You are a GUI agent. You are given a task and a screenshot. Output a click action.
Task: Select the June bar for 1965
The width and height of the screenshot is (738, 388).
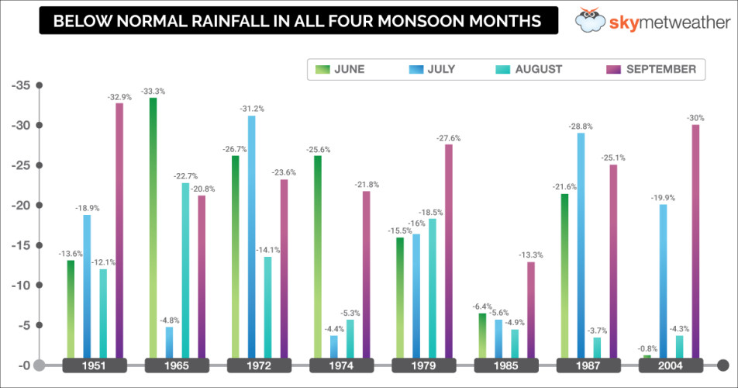point(153,228)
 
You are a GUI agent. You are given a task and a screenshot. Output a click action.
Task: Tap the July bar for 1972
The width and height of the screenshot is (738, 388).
point(251,237)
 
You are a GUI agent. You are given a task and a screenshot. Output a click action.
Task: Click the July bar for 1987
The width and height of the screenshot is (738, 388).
point(581,245)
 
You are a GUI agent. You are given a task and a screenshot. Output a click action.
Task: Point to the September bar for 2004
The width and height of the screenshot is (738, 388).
point(695,241)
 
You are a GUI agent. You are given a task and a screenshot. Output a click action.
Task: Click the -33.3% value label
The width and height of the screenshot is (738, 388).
point(153,92)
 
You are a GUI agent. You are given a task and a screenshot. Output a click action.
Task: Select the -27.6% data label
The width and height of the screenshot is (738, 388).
point(449,138)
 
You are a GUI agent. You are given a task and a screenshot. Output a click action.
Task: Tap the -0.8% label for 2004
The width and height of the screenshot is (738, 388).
point(647,349)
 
